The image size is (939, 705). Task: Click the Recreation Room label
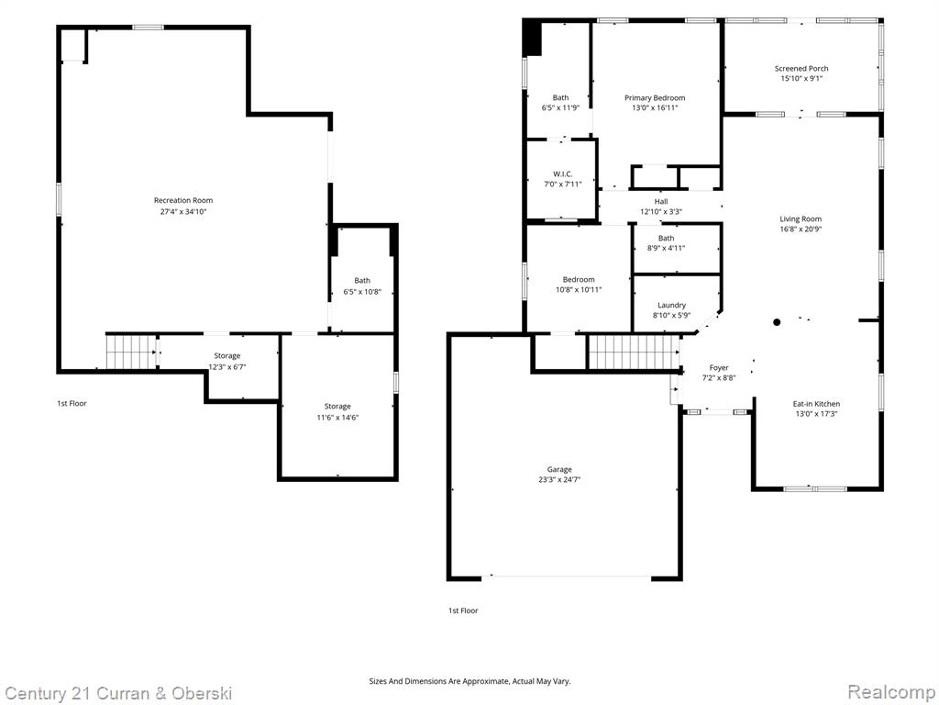(183, 200)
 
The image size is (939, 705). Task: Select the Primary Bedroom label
(655, 97)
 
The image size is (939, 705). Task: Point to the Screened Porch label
(801, 68)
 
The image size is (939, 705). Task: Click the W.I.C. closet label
(562, 173)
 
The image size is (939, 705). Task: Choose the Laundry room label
(671, 305)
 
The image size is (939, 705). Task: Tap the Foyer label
(719, 367)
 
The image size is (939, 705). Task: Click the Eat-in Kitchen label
(816, 404)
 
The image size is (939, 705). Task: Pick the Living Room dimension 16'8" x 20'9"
(801, 229)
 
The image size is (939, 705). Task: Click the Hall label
(661, 201)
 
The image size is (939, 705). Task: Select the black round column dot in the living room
(777, 322)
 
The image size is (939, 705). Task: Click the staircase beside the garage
(634, 352)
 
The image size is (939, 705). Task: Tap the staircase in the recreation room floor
(131, 352)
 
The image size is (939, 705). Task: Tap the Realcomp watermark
(891, 691)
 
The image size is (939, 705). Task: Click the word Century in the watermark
(34, 694)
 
